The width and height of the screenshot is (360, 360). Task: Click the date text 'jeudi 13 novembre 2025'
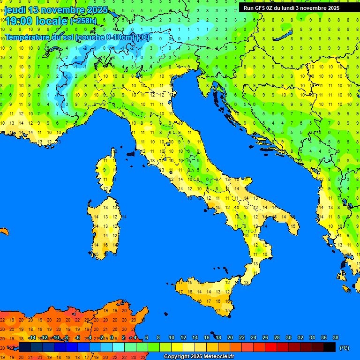56,10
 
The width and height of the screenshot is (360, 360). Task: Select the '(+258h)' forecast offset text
83,21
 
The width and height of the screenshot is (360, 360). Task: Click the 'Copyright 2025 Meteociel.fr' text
199,357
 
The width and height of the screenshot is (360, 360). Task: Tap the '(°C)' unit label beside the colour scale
344,348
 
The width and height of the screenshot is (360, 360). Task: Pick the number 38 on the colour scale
335,337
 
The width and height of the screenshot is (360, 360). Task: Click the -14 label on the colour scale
32,337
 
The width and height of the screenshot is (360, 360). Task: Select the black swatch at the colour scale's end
330,347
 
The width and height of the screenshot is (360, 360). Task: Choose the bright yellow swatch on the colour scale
177,347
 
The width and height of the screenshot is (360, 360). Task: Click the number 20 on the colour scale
230,337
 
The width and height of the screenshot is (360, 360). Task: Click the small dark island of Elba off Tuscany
131,153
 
